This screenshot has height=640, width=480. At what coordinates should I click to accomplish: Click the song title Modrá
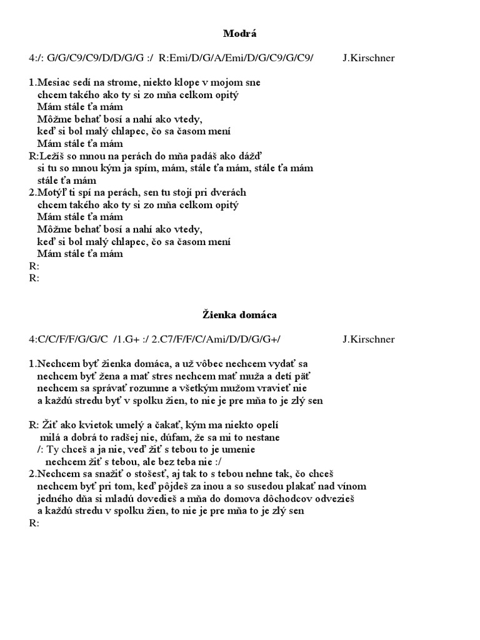pos(239,34)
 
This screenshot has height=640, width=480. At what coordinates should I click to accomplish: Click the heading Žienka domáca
pos(239,315)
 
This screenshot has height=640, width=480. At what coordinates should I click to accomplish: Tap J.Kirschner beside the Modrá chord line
pos(369,58)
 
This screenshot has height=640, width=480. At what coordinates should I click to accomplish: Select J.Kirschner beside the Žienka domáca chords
pos(369,339)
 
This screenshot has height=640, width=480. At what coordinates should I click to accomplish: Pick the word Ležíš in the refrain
pos(51,156)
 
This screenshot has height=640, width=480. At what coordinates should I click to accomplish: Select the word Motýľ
pos(52,192)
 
